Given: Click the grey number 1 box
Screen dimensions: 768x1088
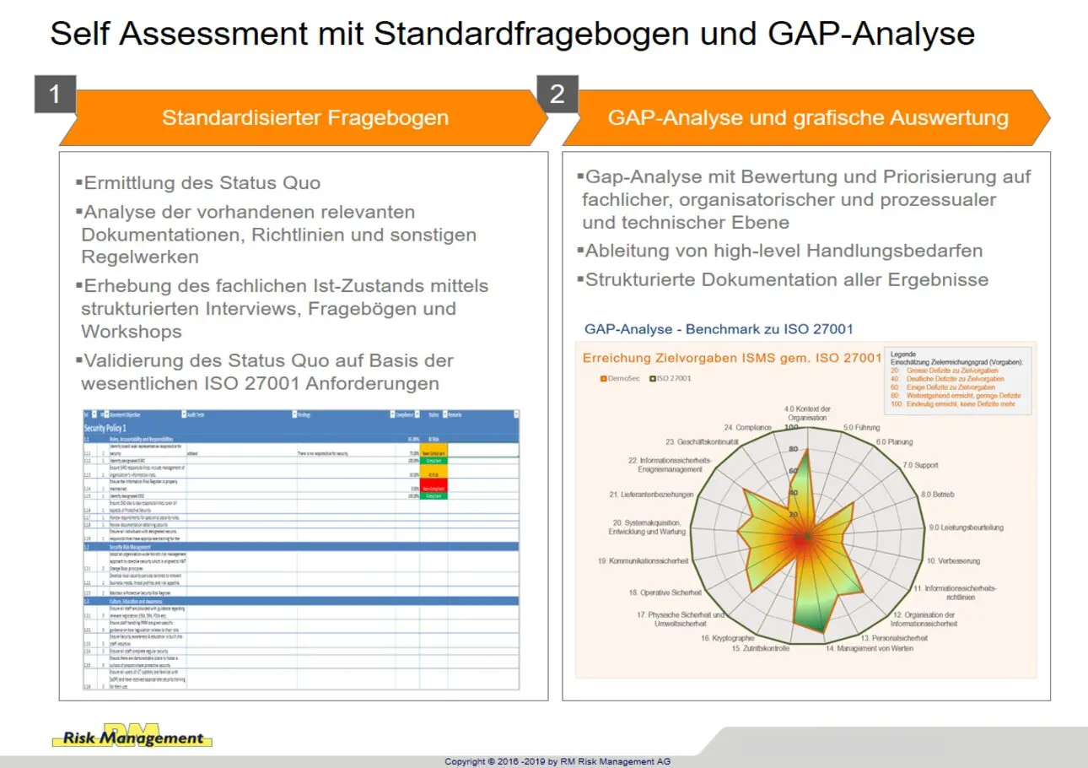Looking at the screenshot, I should [x=55, y=95].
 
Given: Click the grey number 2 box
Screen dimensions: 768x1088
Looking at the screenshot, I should [x=557, y=95].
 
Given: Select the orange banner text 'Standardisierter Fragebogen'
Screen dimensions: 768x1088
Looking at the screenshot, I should [x=304, y=117].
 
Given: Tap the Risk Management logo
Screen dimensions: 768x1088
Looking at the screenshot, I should [x=132, y=737].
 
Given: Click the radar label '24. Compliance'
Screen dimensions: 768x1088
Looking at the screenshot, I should [x=747, y=428].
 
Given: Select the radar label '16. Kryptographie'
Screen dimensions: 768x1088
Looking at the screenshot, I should [x=727, y=638].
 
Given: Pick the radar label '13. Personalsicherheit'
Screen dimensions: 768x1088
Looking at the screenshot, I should [x=894, y=638].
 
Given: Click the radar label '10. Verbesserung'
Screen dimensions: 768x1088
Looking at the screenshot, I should [x=953, y=560].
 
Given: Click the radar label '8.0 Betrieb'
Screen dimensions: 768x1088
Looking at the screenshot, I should [x=937, y=494].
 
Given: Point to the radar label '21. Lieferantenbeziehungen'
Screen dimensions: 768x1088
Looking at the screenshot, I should [x=651, y=494].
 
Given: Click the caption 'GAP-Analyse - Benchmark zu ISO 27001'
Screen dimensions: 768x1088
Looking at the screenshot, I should [x=724, y=329].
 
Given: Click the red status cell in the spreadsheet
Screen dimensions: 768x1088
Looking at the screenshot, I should [x=433, y=488].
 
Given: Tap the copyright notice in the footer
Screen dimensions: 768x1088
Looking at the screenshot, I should [x=557, y=761].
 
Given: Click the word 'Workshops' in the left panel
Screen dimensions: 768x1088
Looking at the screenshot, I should [x=131, y=332].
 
